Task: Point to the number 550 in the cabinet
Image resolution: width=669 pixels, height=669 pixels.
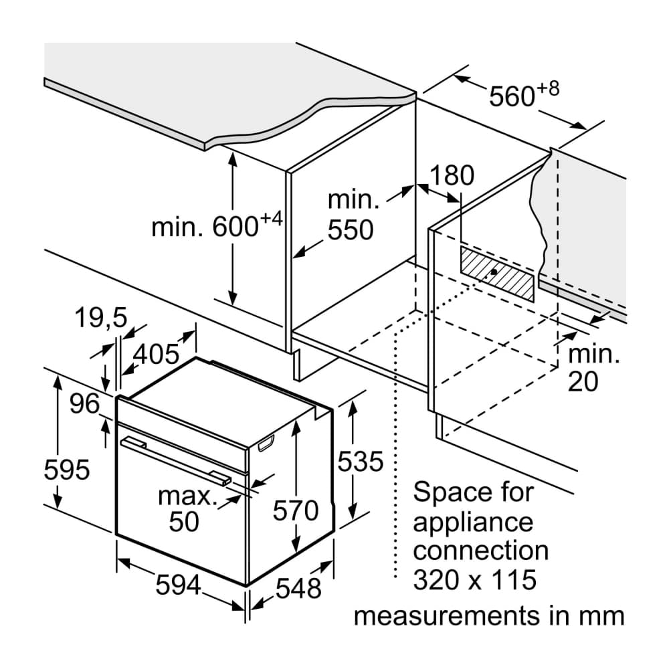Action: pyautogui.click(x=350, y=229)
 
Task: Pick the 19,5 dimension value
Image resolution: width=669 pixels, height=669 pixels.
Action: pyautogui.click(x=100, y=318)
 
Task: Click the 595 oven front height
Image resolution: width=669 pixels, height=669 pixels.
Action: pyautogui.click(x=66, y=470)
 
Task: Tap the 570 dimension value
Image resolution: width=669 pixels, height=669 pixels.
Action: pyautogui.click(x=296, y=511)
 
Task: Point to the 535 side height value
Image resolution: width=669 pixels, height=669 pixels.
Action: pyautogui.click(x=360, y=461)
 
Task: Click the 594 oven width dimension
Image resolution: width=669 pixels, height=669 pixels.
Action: pyautogui.click(x=178, y=585)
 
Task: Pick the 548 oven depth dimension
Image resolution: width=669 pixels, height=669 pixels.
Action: pyautogui.click(x=299, y=588)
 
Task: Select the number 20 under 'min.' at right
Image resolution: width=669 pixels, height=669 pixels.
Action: pyautogui.click(x=583, y=381)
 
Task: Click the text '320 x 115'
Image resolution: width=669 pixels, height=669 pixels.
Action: pyautogui.click(x=475, y=579)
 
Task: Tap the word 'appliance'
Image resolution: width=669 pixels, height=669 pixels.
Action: pyautogui.click(x=473, y=521)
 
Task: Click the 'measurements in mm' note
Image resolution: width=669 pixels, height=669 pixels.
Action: pyautogui.click(x=489, y=615)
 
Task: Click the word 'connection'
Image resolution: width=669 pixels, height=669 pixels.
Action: pyautogui.click(x=480, y=550)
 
